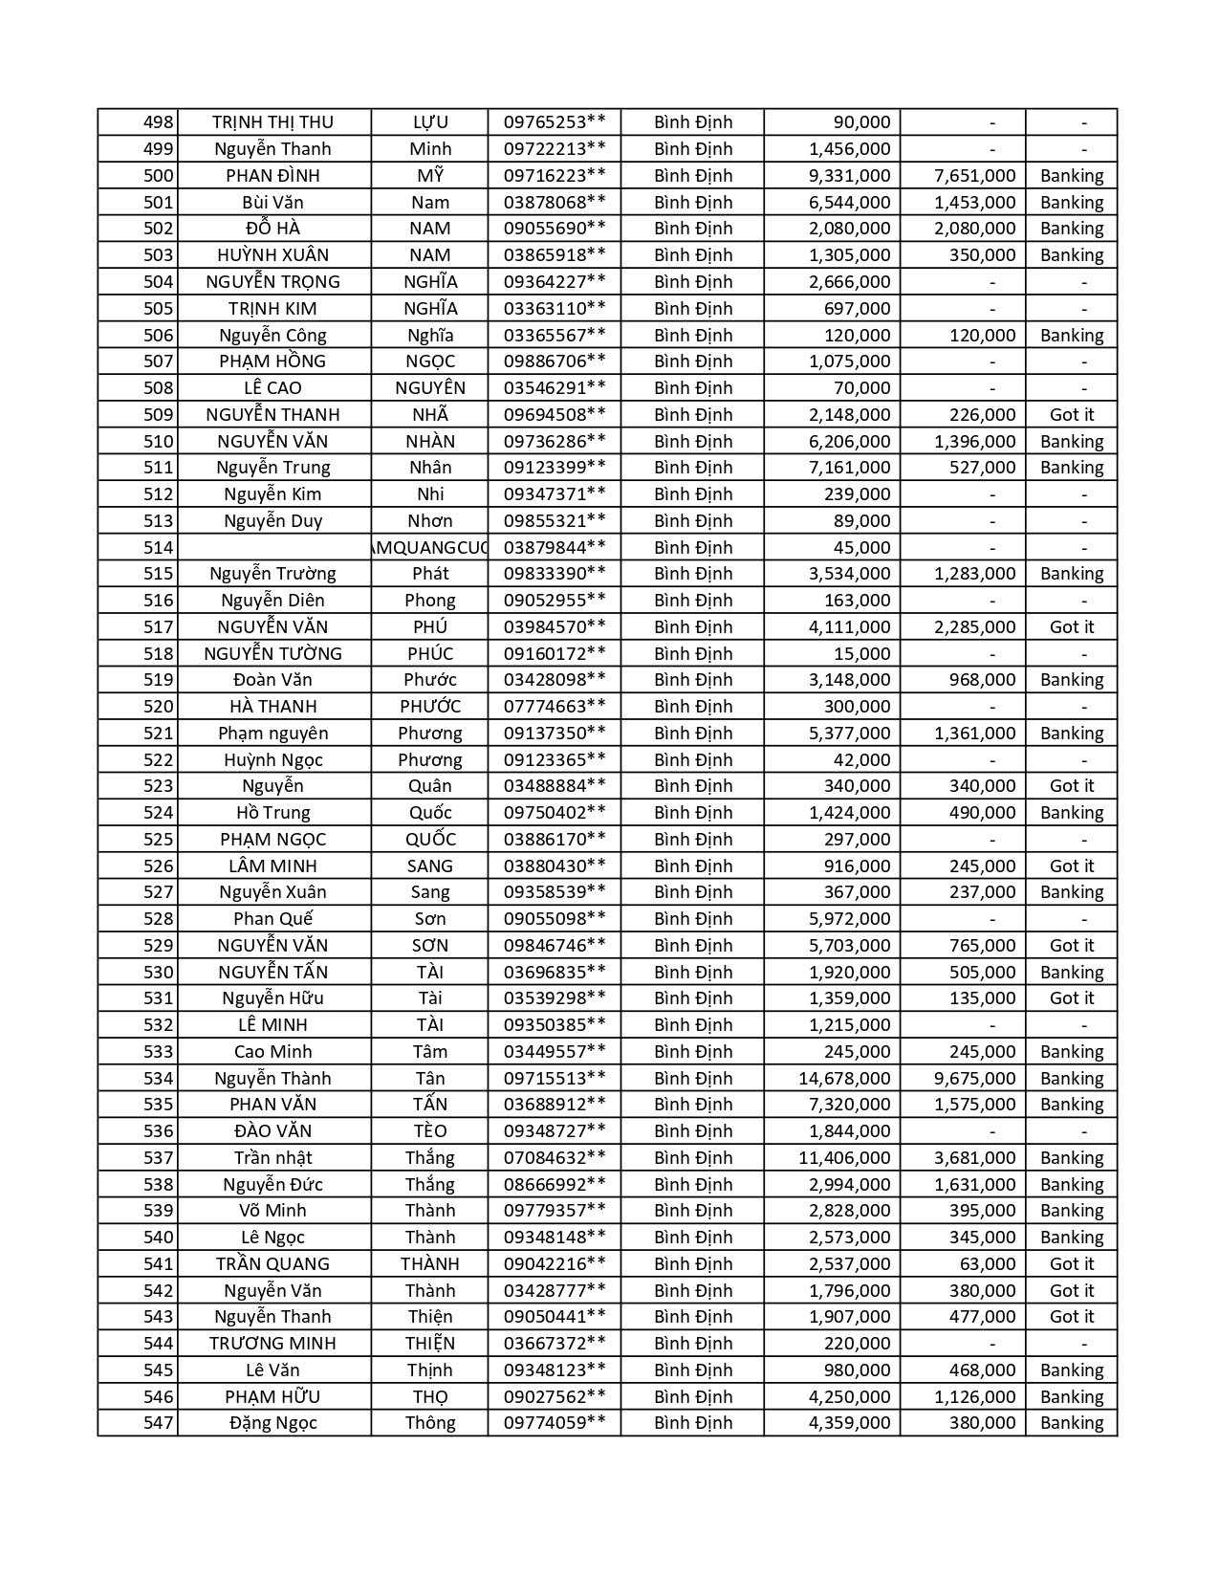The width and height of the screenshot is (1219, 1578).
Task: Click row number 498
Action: point(159,122)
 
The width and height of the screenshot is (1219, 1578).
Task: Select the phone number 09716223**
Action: point(555,176)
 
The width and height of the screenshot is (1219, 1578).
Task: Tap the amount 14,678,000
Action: point(844,1079)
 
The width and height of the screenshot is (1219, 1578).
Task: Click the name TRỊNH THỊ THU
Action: point(272,122)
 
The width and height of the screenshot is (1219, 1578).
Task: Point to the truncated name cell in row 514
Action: point(429,548)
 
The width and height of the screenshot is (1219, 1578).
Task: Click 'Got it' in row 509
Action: point(1071,415)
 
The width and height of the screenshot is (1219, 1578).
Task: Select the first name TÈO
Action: point(430,1131)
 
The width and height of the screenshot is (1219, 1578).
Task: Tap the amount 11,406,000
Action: point(844,1158)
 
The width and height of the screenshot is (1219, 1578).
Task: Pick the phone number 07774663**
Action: point(555,707)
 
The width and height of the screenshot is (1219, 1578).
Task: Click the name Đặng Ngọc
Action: point(272,1423)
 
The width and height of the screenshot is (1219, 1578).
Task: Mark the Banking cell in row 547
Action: point(1071,1423)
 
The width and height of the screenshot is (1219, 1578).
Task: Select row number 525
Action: point(159,840)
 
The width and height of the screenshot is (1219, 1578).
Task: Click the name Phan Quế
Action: point(272,919)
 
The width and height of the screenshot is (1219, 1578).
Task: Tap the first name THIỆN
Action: point(430,1344)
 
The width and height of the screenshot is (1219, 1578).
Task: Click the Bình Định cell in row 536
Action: point(693,1131)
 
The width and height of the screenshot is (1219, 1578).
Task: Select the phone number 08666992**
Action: point(555,1185)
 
